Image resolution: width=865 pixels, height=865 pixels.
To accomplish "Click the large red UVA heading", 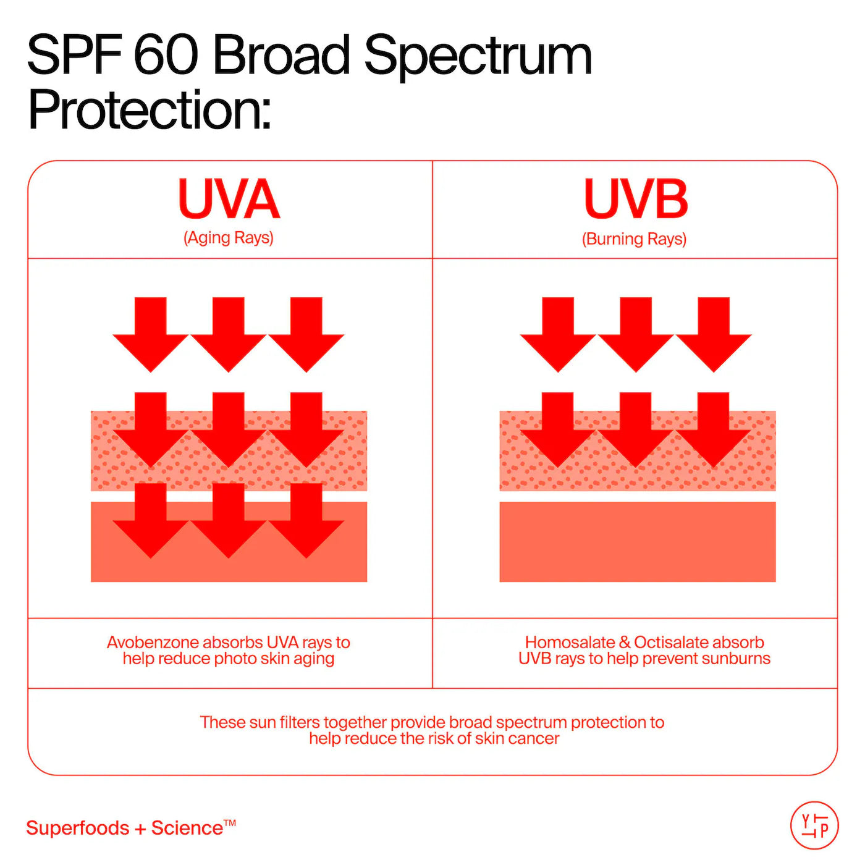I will tap(229, 199).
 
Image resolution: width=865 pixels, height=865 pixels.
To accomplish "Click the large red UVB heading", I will tap(635, 199).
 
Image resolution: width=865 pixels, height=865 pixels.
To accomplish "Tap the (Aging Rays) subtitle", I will tap(229, 238).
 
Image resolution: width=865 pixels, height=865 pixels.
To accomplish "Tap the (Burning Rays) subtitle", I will tap(634, 239).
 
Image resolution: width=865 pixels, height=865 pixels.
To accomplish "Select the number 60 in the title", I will tap(166, 56).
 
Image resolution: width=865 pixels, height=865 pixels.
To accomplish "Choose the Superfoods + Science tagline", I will tap(130, 828).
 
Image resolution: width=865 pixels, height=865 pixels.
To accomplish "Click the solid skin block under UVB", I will tap(637, 542).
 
